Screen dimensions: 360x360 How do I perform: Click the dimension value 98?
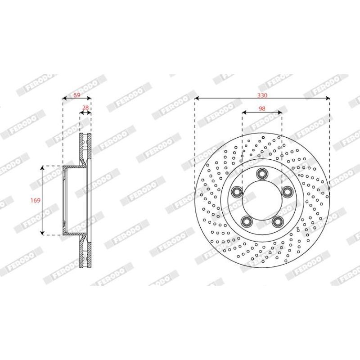[262, 108]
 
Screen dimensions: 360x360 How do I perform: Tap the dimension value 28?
[85, 108]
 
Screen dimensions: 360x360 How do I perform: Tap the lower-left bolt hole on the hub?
[246, 221]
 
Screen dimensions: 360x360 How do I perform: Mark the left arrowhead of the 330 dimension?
[197, 99]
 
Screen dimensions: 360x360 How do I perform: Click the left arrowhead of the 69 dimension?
[64, 99]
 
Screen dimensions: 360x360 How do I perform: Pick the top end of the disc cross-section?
[85, 135]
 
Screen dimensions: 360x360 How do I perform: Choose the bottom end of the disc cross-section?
[85, 267]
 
